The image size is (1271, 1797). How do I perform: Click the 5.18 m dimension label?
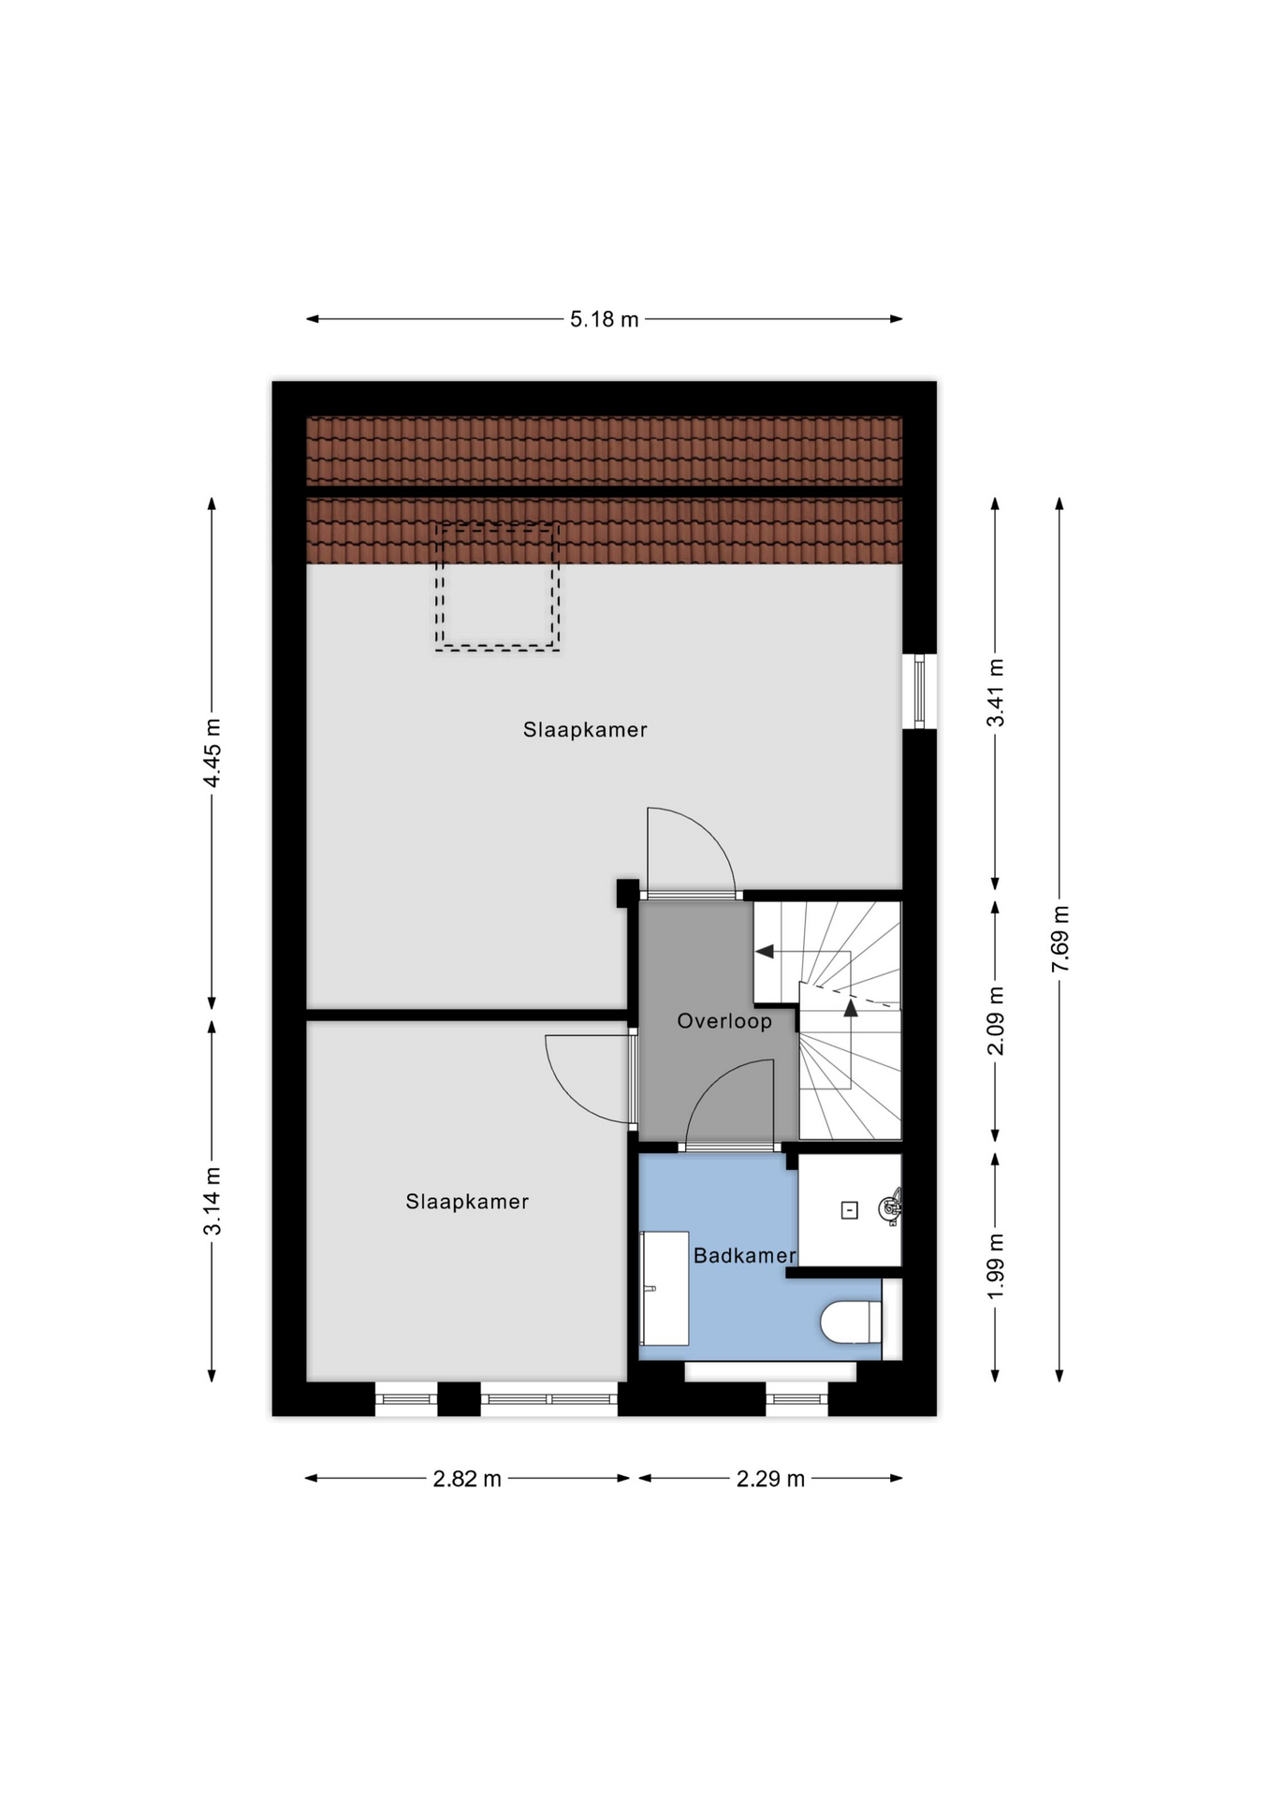click(x=604, y=319)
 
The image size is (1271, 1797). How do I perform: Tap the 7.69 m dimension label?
click(x=1059, y=939)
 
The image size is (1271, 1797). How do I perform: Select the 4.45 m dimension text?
click(x=212, y=752)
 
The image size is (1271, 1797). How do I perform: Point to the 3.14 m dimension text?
click(x=212, y=1201)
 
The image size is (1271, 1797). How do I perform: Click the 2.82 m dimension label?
click(x=467, y=1479)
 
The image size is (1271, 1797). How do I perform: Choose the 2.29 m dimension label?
click(x=770, y=1479)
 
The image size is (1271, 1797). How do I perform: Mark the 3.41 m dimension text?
click(x=995, y=693)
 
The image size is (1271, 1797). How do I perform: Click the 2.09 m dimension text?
click(x=995, y=1020)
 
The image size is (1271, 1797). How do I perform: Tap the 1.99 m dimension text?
click(x=995, y=1265)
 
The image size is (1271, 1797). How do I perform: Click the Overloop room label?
click(x=724, y=1021)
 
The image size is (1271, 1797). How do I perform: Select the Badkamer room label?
click(x=744, y=1256)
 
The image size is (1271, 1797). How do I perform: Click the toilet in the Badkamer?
click(x=851, y=1322)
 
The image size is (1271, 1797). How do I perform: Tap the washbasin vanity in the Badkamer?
click(x=665, y=1289)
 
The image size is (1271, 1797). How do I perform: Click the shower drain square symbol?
click(x=850, y=1210)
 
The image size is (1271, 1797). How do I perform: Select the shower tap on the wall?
click(x=890, y=1207)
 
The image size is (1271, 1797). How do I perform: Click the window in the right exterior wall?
click(x=919, y=691)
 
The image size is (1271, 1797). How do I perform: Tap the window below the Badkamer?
click(x=796, y=1399)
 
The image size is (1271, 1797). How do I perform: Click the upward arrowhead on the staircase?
click(x=851, y=1008)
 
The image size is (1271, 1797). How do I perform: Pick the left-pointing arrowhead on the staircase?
click(x=765, y=952)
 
